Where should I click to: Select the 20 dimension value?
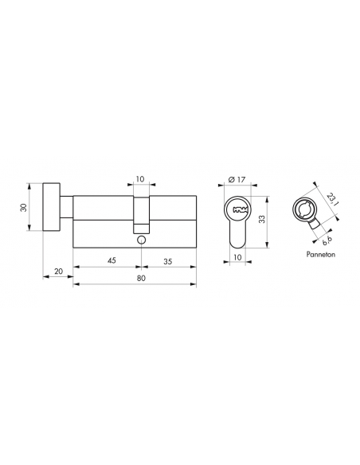(58, 272)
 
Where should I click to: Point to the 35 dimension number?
(169, 259)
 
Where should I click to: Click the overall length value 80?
(140, 279)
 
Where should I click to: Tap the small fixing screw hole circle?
(141, 240)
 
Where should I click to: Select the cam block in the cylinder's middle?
(141, 213)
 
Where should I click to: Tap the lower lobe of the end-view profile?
(237, 234)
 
